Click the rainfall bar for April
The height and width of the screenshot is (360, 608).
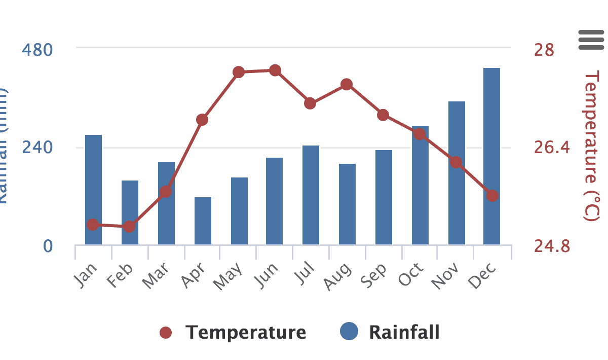(x=203, y=221)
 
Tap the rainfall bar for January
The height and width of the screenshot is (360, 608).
(x=93, y=190)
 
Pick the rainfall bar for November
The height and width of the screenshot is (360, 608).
(x=457, y=173)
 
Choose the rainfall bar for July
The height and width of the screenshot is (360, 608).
(x=311, y=195)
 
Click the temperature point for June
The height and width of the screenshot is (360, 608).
(x=275, y=70)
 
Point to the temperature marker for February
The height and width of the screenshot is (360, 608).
(x=129, y=226)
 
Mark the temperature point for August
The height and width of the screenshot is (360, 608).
(x=347, y=84)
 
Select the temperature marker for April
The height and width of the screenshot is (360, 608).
(x=202, y=120)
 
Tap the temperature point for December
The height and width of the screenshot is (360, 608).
(x=492, y=196)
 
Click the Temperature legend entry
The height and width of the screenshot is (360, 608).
(x=233, y=333)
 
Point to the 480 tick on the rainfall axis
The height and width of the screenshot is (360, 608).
(x=37, y=50)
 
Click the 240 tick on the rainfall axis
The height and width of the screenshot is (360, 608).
(x=37, y=148)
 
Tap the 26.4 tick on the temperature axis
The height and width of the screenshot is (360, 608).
(x=552, y=148)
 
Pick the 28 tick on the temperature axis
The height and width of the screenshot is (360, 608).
(x=544, y=50)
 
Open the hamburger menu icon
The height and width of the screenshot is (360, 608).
(x=591, y=40)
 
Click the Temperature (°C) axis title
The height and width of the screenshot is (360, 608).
(x=591, y=146)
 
